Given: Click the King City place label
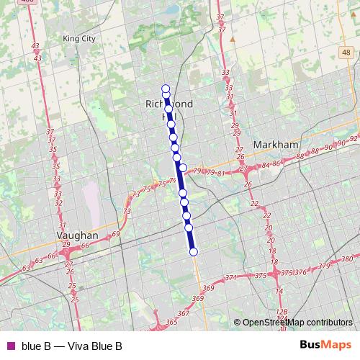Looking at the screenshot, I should pos(79,38).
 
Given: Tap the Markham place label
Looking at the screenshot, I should pos(276,145).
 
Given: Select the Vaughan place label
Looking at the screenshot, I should pos(77,235).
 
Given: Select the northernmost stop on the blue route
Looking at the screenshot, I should pos(165,88).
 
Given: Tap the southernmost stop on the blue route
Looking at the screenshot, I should pos(193,251).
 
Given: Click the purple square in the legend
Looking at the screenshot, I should pos(10,346).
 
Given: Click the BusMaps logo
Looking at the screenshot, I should pos(328,345).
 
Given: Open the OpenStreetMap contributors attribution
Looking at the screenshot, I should pos(297,323).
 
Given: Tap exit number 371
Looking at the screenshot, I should pos(230,278).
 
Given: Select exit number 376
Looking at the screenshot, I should pos(301,272).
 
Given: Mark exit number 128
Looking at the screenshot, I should pos(281,312).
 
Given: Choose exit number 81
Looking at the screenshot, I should pos(220,173).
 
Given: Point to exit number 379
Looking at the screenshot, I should pos(323,266).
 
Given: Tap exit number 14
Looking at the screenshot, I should pos(279,291).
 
